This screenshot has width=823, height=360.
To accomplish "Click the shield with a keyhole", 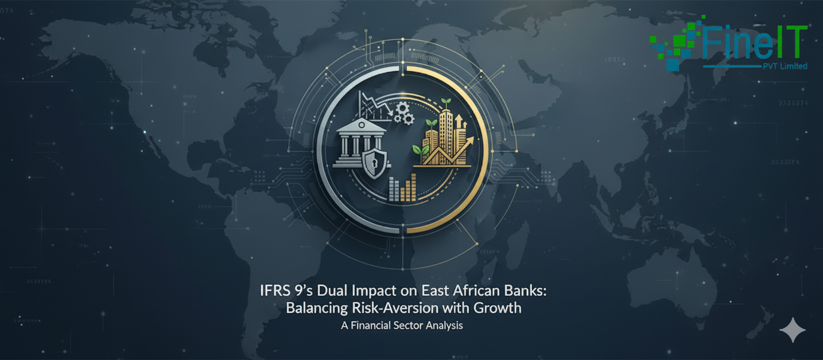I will [x=373, y=162].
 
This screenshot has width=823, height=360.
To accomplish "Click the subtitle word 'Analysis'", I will [x=444, y=325].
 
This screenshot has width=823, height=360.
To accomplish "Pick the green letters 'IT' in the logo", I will [x=790, y=43].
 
